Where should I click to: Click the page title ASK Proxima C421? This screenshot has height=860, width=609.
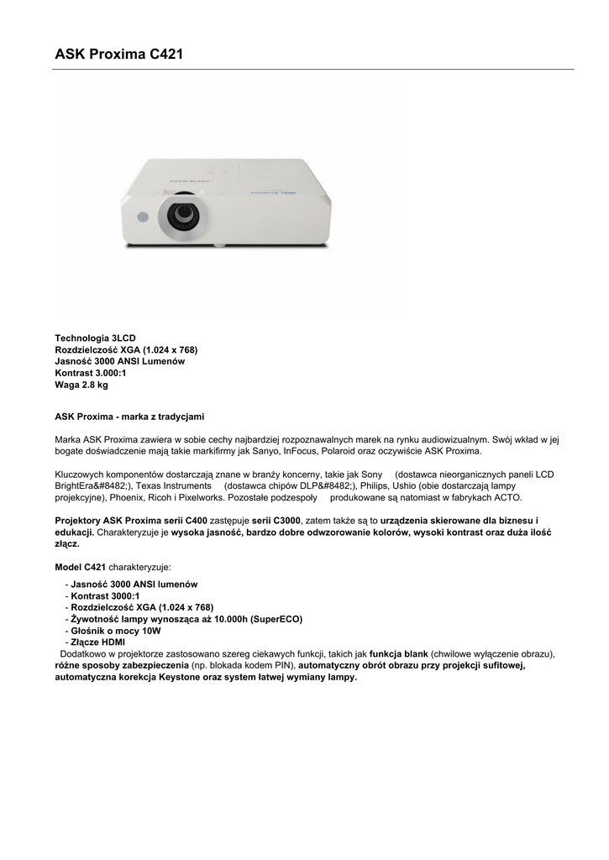point(118,55)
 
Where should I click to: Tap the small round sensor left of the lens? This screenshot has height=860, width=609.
point(143,217)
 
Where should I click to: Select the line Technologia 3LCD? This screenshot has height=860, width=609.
point(95,338)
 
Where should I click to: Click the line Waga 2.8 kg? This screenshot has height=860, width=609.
point(81,385)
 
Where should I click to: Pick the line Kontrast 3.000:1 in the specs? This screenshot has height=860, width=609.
point(91,373)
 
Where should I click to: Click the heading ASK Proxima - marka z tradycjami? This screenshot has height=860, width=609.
point(129,416)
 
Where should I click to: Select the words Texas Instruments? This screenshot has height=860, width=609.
point(172,486)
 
